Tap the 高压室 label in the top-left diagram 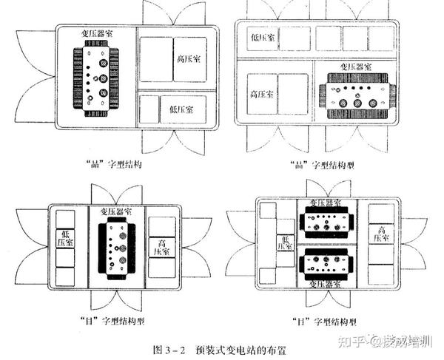click(190, 59)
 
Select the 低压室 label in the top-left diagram click(182, 109)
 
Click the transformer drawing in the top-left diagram click(94, 80)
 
